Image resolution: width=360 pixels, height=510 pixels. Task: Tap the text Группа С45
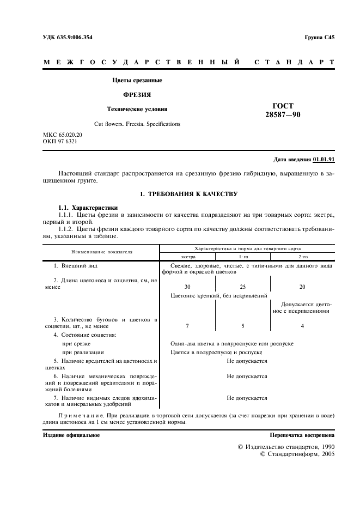click(x=320, y=38)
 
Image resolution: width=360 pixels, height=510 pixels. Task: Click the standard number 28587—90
click(x=282, y=114)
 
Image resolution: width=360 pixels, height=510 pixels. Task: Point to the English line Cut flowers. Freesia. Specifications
click(x=137, y=124)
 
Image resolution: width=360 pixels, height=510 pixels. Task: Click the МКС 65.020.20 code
click(x=63, y=135)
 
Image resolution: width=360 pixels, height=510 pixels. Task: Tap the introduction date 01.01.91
click(x=324, y=159)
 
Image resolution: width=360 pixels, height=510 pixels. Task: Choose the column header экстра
click(x=187, y=256)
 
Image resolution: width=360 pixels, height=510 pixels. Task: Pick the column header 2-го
click(x=303, y=256)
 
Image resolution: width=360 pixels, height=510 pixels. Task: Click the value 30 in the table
click(x=187, y=287)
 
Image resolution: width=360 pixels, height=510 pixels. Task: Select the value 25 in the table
click(x=243, y=287)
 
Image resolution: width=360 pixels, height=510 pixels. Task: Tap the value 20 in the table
click(x=303, y=287)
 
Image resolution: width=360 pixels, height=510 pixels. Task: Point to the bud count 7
click(x=187, y=326)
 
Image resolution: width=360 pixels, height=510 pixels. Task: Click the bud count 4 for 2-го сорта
click(x=303, y=326)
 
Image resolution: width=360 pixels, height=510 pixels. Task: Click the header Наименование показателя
click(x=100, y=252)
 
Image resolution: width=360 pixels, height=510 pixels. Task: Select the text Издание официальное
click(x=71, y=435)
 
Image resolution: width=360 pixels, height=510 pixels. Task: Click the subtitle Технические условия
click(x=137, y=108)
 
